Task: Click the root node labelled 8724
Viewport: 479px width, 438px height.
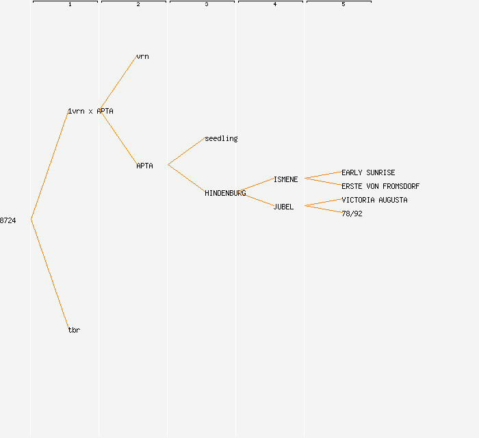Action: click(8, 220)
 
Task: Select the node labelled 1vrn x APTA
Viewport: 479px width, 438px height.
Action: click(90, 111)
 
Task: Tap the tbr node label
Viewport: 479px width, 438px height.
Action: click(74, 330)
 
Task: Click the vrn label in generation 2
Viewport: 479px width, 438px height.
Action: click(142, 56)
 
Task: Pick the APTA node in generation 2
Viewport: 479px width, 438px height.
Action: click(144, 166)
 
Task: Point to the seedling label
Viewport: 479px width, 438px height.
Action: click(221, 138)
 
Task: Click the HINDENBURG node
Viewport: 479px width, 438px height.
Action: click(225, 193)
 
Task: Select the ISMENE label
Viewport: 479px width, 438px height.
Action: click(285, 179)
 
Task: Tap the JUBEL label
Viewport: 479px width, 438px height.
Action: click(283, 207)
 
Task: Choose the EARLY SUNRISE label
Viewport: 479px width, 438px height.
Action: click(368, 172)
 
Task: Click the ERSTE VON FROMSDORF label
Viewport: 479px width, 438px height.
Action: click(380, 186)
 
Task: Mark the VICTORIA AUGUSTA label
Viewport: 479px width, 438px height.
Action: click(374, 200)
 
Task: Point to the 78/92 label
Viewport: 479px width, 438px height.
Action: click(352, 214)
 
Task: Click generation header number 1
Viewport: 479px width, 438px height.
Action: click(69, 5)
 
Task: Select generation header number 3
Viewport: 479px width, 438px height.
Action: click(206, 5)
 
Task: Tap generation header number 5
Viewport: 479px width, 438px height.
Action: click(343, 5)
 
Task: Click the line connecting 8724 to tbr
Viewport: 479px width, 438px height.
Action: click(49, 274)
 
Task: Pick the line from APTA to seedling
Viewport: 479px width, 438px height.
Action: click(186, 152)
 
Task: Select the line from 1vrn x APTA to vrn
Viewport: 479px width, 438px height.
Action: click(118, 84)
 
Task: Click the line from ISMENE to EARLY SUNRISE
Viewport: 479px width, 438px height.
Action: click(323, 175)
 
